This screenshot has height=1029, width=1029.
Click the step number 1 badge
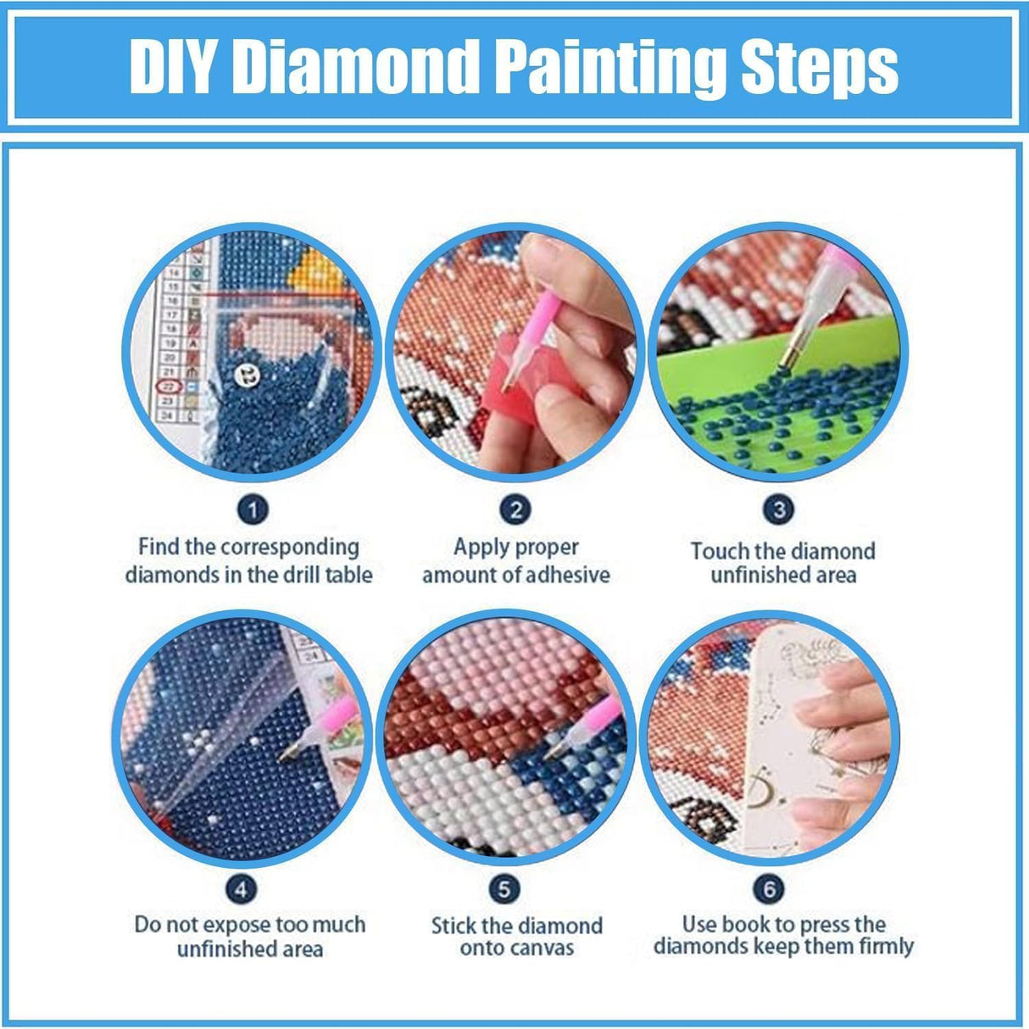[253, 510]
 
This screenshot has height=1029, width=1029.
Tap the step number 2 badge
[515, 510]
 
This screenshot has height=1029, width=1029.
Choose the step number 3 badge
[779, 510]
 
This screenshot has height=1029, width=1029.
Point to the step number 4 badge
[242, 889]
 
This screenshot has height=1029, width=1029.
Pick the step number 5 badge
[504, 889]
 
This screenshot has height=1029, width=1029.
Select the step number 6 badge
[769, 889]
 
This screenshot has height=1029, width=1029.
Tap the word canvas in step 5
[545, 948]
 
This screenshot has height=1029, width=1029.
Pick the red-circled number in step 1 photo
[169, 386]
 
